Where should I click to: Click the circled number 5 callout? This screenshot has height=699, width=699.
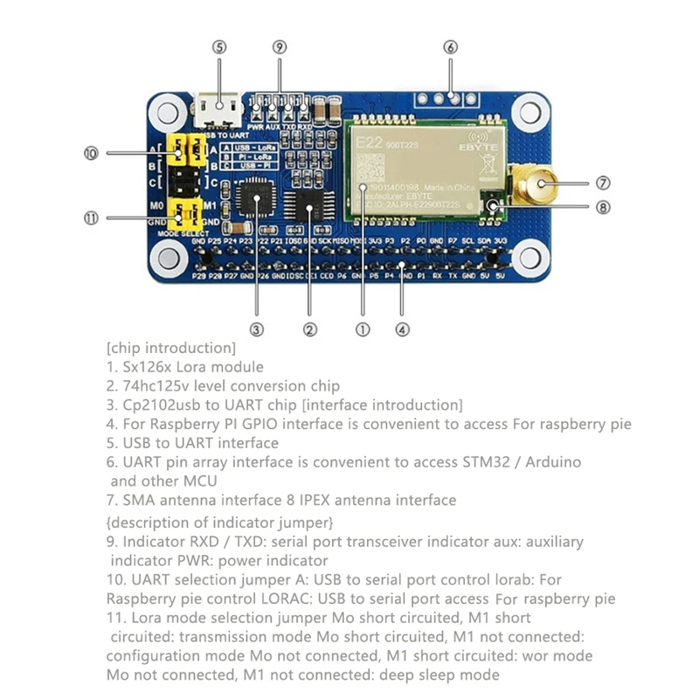tap(219, 47)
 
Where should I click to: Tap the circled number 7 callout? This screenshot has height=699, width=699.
tap(603, 183)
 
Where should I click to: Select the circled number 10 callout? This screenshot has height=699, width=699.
tap(90, 153)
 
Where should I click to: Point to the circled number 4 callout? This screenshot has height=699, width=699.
tap(401, 329)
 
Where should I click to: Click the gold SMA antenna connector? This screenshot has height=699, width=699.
tap(535, 184)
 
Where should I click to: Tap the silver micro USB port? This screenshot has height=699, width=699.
tap(218, 109)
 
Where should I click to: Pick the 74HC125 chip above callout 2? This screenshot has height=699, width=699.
tap(308, 209)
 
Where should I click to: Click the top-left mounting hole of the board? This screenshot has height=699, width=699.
tap(165, 110)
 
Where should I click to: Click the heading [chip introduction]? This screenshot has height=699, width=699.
tap(170, 348)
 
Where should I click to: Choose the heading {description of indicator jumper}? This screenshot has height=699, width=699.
tap(219, 523)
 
